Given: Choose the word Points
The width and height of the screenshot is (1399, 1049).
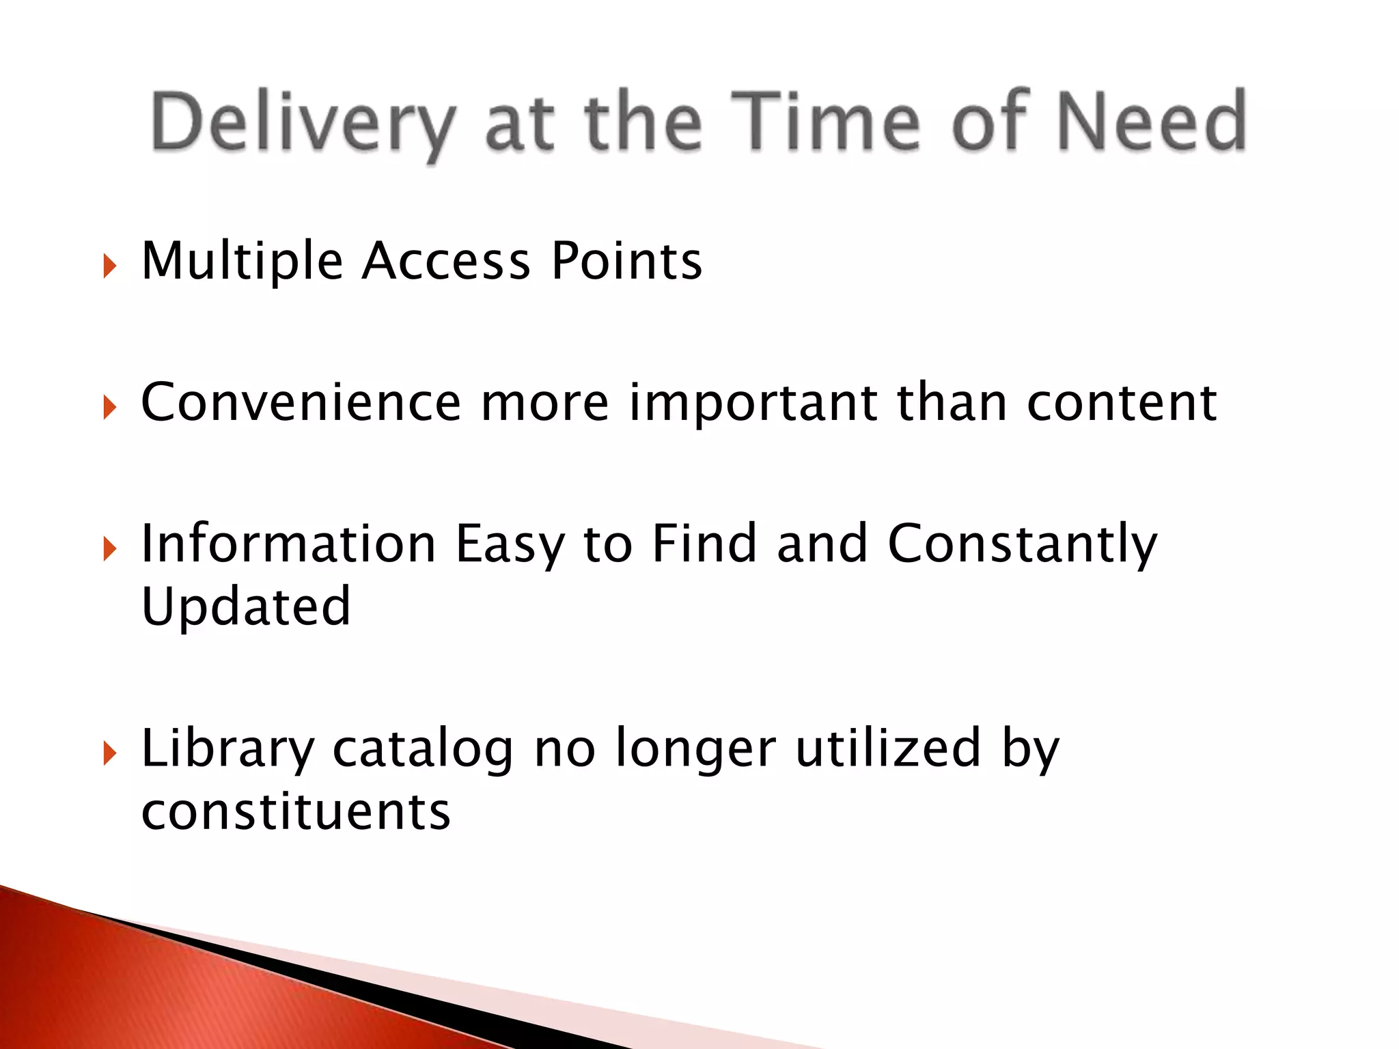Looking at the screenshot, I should tap(626, 262).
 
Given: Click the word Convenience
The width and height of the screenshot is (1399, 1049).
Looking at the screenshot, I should tap(301, 402).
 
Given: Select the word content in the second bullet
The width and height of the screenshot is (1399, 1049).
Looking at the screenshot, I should tap(1122, 402).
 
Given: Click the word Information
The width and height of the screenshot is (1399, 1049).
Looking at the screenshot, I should tap(288, 544).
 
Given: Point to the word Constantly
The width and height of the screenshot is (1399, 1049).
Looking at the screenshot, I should tap(1022, 545).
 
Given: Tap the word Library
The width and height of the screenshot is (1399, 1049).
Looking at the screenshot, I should tap(227, 750).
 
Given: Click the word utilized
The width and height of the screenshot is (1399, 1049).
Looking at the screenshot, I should tap(888, 749).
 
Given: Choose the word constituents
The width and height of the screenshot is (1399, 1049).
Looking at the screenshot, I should tap(296, 812).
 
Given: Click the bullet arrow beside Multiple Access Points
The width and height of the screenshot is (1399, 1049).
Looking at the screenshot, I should tap(110, 266).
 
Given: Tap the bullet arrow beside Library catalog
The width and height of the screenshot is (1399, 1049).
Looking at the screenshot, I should tap(110, 754).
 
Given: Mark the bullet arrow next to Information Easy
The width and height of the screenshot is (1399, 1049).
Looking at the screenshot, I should tap(110, 548).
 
